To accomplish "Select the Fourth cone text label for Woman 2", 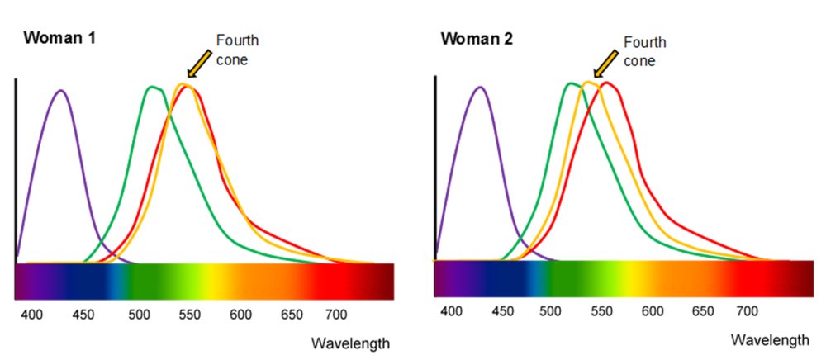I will pos(644,50).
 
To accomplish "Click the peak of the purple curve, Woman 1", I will pos(59,90).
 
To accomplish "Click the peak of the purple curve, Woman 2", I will pos(480,86).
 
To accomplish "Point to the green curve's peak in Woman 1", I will pos(152,87).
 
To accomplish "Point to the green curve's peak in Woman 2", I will pos(570,83).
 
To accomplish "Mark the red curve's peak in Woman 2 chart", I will pos(608,83).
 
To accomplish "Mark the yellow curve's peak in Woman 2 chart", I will pos(589,82).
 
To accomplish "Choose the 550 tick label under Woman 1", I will pos(190,314).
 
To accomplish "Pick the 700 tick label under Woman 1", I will pos(335,314).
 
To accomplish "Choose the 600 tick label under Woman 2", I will pos(653,311).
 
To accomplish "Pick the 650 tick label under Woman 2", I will pos(702,311).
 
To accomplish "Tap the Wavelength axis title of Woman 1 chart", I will pos(350,343).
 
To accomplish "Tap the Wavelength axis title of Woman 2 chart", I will pos(771,339).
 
